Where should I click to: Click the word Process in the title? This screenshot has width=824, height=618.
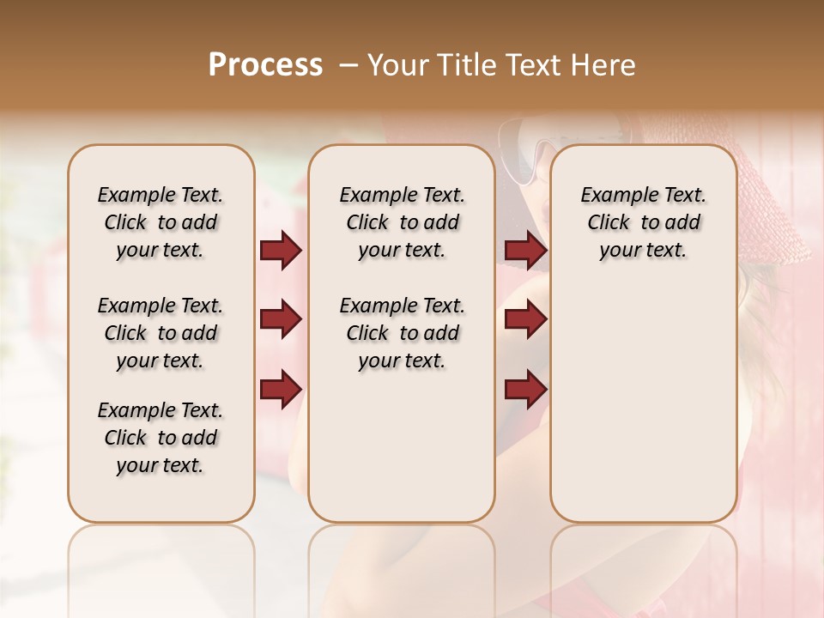[x=265, y=65]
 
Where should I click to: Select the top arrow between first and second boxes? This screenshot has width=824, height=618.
[x=281, y=251]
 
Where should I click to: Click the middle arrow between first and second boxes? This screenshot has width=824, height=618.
[x=281, y=319]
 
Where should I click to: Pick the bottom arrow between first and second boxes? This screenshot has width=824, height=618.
[x=281, y=389]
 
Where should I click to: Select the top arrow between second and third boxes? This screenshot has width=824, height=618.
[x=525, y=251]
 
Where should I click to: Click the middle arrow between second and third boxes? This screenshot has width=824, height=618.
[x=525, y=319]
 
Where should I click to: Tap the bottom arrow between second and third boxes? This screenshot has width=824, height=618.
[x=525, y=389]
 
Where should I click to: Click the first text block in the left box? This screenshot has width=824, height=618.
[x=161, y=222]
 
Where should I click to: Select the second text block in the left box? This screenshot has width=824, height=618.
[x=161, y=333]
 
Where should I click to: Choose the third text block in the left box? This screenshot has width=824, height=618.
[x=161, y=438]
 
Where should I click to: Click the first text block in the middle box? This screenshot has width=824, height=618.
[x=402, y=222]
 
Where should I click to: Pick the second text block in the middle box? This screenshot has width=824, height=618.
[x=402, y=333]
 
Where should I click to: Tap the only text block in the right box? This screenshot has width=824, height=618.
[x=643, y=222]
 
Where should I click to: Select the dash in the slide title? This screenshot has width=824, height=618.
[x=349, y=65]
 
